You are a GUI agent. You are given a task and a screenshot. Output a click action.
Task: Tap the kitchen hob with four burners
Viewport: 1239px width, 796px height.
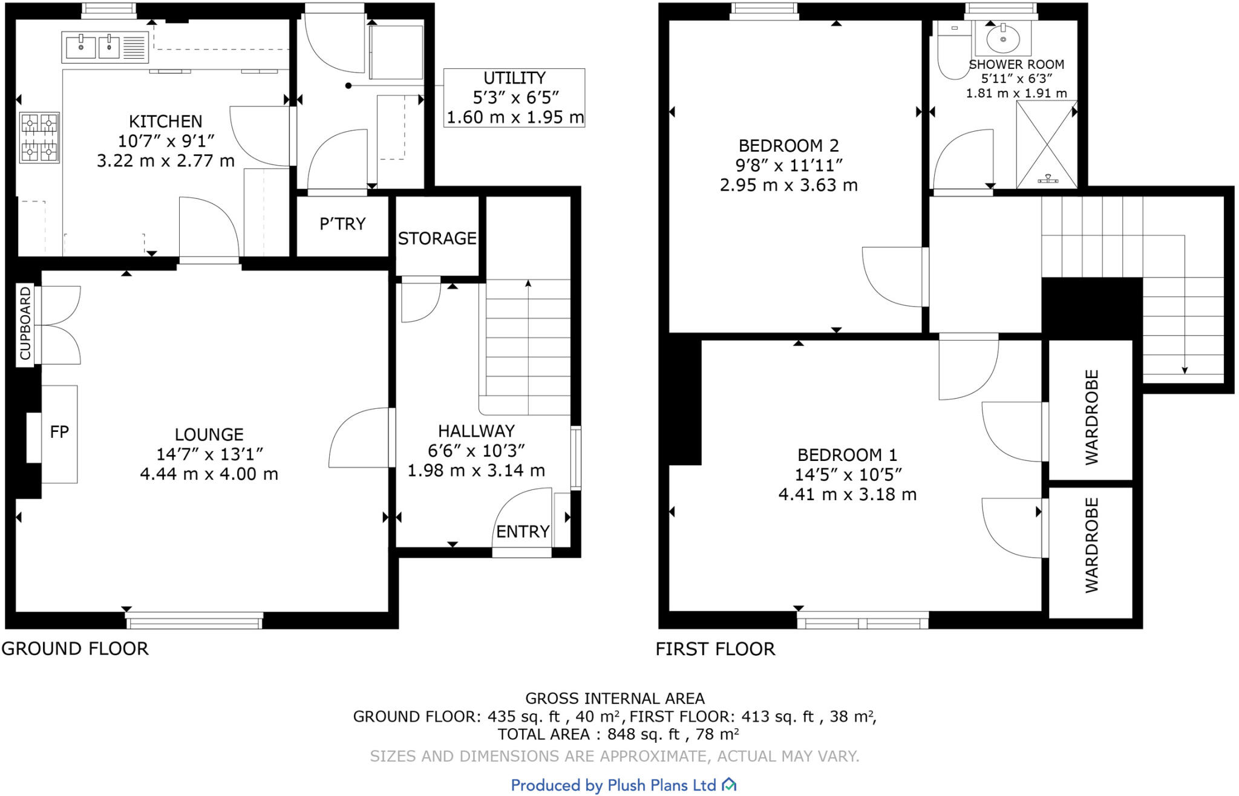click(x=39, y=138)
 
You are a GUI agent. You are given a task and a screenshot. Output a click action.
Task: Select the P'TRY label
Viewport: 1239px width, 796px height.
click(x=342, y=224)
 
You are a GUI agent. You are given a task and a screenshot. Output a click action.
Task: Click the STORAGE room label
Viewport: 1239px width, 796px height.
click(x=437, y=238)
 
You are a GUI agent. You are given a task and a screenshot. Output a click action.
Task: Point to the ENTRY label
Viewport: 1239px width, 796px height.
click(x=523, y=532)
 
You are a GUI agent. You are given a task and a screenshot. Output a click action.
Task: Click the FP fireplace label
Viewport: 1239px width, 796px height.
click(x=59, y=432)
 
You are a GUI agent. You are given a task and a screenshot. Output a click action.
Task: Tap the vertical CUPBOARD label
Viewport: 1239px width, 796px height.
click(x=25, y=324)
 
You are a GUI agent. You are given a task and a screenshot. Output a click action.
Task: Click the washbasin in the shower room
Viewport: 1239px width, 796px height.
click(x=1003, y=39)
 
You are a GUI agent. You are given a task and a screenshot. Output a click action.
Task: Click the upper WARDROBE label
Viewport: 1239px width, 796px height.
click(x=1091, y=417)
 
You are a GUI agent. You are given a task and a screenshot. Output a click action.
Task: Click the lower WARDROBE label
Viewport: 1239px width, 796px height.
click(x=1091, y=545)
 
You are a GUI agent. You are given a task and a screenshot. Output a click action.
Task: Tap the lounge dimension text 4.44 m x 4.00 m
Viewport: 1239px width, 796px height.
click(x=209, y=474)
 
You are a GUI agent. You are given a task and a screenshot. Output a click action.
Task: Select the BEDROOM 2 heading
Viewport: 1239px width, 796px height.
click(x=788, y=146)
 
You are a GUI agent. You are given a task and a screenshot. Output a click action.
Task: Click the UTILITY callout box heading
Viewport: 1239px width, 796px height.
click(x=514, y=78)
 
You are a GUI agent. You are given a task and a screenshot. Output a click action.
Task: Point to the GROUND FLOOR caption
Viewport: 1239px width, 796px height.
click(x=75, y=648)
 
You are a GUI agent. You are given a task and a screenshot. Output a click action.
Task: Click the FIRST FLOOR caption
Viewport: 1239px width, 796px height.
click(x=715, y=649)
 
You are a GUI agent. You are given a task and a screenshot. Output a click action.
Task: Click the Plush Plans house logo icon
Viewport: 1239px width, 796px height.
click(x=729, y=785)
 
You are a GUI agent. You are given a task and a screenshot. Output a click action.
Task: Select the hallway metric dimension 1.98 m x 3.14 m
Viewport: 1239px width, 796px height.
click(x=476, y=471)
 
